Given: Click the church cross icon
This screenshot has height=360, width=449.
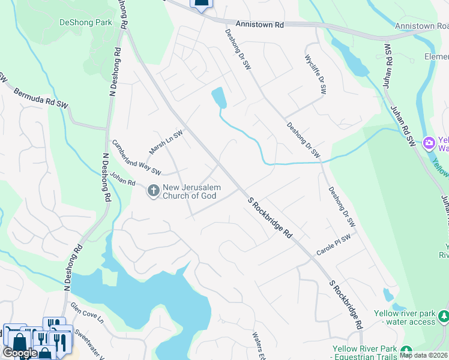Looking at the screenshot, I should point(153,191).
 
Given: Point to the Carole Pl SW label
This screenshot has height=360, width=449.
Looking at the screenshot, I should point(333,245).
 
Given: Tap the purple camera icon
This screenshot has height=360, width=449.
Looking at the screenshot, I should point(429,143).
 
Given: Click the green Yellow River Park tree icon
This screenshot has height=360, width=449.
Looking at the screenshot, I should point(406,350).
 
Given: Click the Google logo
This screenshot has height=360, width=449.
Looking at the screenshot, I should point(20,353).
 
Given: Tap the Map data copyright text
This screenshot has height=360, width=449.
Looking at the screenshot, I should point(423,355).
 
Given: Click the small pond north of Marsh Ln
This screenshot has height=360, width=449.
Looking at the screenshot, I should point(218,97).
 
